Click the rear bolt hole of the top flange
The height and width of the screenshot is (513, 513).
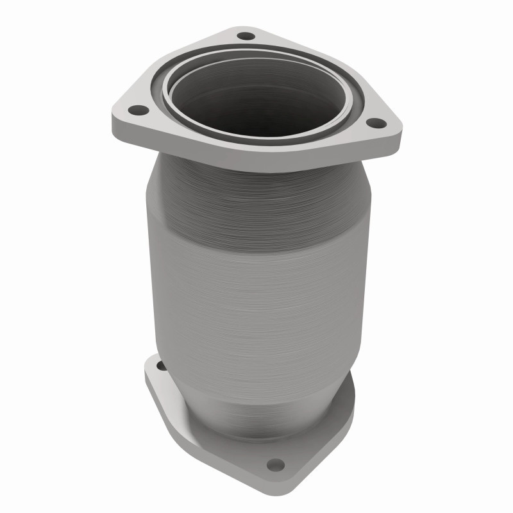pyautogui.click(x=244, y=35)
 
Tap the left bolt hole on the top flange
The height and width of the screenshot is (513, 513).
pyautogui.click(x=134, y=110)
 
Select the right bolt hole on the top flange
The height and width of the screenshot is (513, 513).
pyautogui.click(x=376, y=123)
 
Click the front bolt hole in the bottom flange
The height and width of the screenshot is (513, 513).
pyautogui.click(x=275, y=464)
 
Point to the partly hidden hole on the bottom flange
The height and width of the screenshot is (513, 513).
pyautogui.click(x=160, y=367)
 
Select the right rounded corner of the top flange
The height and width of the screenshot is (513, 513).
pyautogui.click(x=394, y=131)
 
